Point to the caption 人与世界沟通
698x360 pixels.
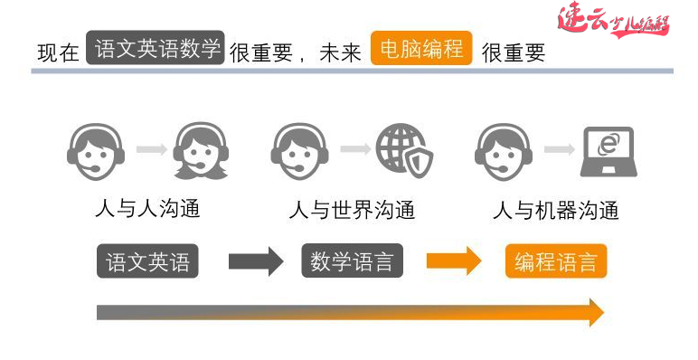pyautogui.click(x=352, y=210)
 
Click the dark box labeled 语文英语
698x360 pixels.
pyautogui.click(x=147, y=262)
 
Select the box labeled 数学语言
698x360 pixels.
pyautogui.click(x=352, y=261)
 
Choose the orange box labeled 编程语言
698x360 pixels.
pyautogui.click(x=556, y=262)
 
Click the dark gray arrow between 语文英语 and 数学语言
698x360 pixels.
pyautogui.click(x=256, y=262)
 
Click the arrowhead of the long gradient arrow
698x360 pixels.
pyautogui.click(x=594, y=312)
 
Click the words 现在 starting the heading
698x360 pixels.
pyautogui.click(x=58, y=52)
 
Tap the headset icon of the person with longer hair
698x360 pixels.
pyautogui.click(x=200, y=151)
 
